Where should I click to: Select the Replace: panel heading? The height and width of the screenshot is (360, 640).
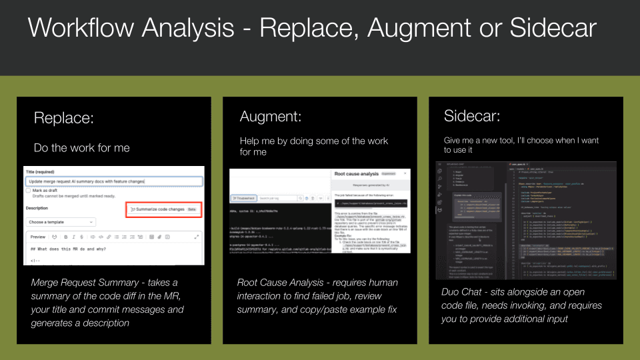click(64, 118)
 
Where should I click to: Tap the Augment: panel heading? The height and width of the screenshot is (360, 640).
click(271, 117)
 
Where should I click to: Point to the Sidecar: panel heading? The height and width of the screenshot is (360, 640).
click(472, 116)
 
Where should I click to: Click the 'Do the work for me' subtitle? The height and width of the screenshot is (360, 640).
click(82, 147)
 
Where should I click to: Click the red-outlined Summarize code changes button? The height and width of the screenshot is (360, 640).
click(163, 209)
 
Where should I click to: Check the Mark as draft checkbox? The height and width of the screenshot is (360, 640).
click(28, 190)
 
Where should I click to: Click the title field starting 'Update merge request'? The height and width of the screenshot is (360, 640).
click(113, 181)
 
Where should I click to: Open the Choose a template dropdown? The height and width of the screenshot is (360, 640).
click(61, 222)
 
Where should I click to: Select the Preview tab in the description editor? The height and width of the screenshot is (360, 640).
click(38, 237)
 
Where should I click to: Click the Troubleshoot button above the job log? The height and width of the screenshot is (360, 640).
click(243, 198)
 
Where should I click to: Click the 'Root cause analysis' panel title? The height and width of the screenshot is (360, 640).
click(354, 174)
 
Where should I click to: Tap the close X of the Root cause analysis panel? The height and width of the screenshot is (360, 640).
click(405, 173)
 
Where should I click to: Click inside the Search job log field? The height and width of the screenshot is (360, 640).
click(277, 198)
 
